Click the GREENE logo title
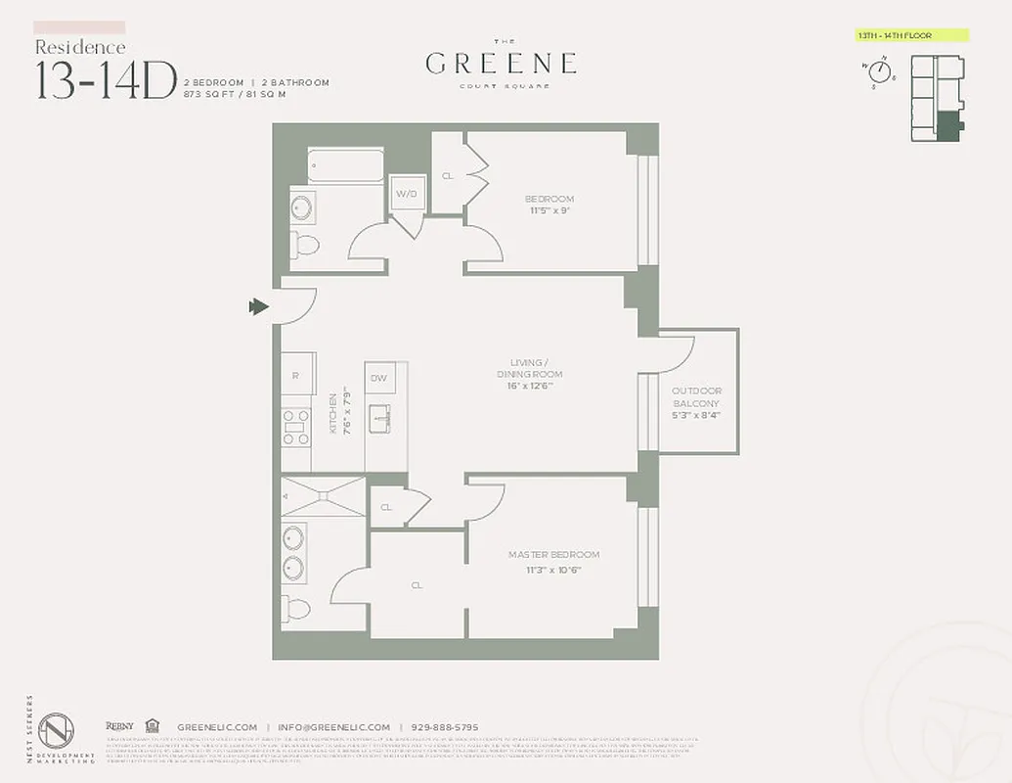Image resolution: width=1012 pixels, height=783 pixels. [x=501, y=64]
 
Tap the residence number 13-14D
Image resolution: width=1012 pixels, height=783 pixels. [x=106, y=80]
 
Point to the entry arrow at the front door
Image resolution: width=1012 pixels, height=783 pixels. [x=259, y=307]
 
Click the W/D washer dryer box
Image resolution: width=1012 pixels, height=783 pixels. [x=406, y=195]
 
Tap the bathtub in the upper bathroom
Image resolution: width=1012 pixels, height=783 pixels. [x=345, y=164]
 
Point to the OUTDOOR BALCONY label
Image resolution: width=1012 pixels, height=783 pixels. [x=696, y=397]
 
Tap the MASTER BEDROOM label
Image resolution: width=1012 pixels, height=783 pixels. [x=553, y=555]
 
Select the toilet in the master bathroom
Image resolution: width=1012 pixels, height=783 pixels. [x=298, y=609]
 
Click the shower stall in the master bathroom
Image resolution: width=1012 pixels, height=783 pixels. [x=323, y=496]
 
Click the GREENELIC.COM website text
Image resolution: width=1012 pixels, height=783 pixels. [x=217, y=727]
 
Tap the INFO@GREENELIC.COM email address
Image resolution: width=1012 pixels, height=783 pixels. [x=332, y=727]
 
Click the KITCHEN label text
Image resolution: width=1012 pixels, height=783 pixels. [x=332, y=413]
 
